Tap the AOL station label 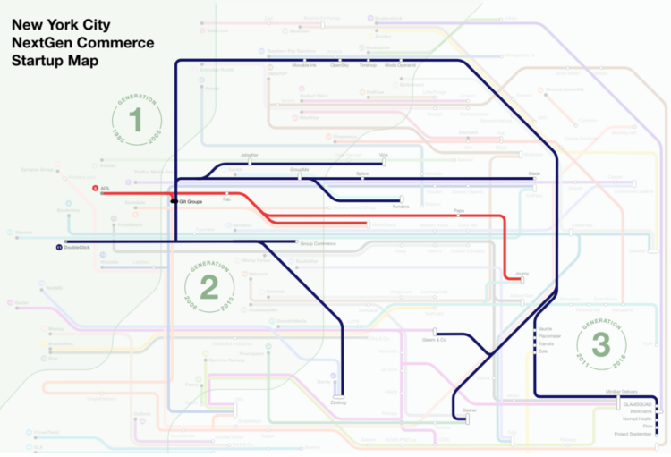tap(105, 189)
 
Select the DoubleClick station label tap(78, 247)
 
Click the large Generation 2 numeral tap(209, 287)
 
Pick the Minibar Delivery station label tap(622, 392)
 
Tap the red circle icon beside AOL tap(95, 189)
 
